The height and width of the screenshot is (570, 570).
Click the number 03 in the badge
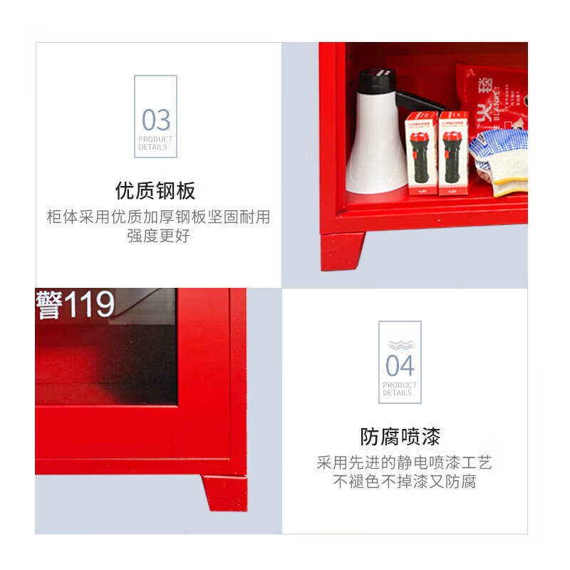(x=155, y=119)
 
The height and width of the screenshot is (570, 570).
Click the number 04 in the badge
(x=400, y=366)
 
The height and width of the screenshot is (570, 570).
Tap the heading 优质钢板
(x=155, y=191)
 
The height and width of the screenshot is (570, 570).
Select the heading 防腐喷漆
(x=400, y=436)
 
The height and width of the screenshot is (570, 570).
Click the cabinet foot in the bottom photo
(x=224, y=492)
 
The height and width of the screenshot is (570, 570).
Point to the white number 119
(x=89, y=304)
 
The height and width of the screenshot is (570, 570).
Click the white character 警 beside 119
(x=48, y=304)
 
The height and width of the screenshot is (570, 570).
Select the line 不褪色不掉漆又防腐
(x=404, y=482)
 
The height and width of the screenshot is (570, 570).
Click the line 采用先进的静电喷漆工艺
(x=404, y=463)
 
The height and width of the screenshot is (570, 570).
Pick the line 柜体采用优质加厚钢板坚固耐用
(x=158, y=217)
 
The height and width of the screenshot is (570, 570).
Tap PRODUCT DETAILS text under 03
(x=155, y=142)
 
